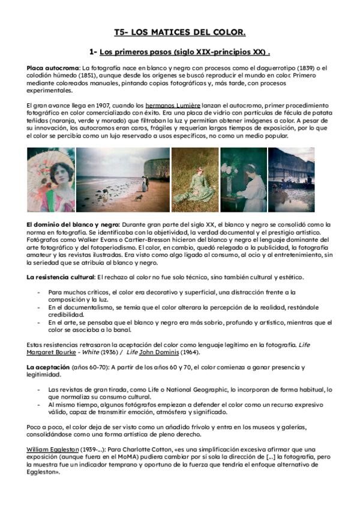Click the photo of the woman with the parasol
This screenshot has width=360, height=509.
pyautogui.click(x=50, y=179)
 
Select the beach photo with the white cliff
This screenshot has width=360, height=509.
pyautogui.click(x=122, y=179)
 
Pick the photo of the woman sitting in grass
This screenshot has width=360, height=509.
pyautogui.click(x=195, y=179)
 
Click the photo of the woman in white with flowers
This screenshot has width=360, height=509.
pyautogui.click(x=243, y=179)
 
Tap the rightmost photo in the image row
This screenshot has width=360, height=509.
pyautogui.click(x=291, y=179)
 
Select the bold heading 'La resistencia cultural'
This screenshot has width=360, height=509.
pyautogui.click(x=61, y=277)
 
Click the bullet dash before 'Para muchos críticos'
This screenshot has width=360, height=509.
pyautogui.click(x=38, y=292)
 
